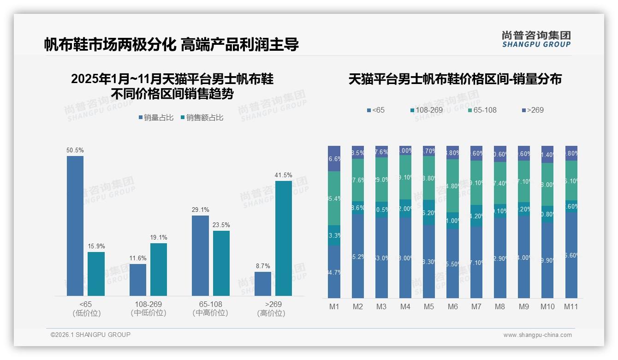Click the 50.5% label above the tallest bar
pyautogui.click(x=75, y=150)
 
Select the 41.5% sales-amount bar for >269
pyautogui.click(x=283, y=238)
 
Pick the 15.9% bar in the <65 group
pyautogui.click(x=96, y=274)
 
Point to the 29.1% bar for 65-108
pyautogui.click(x=200, y=255)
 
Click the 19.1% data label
pyautogui.click(x=159, y=238)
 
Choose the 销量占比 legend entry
pyautogui.click(x=156, y=118)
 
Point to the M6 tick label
pyautogui.click(x=452, y=307)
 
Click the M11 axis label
pyautogui.click(x=571, y=307)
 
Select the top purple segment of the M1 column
pyautogui.click(x=334, y=158)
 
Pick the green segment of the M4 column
pyautogui.click(x=405, y=177)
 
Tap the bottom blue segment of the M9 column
pyautogui.click(x=523, y=257)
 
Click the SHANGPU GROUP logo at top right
pyautogui.click(x=536, y=39)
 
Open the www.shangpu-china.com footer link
pyautogui.click(x=537, y=335)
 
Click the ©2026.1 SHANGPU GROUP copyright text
pyautogui.click(x=90, y=335)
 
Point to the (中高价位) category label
pyautogui.click(x=210, y=313)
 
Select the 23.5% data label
pyautogui.click(x=221, y=225)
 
